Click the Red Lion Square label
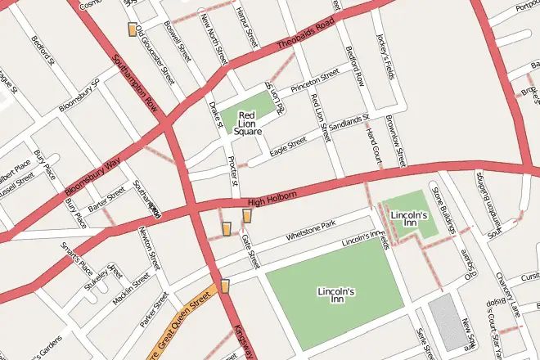(x=248, y=123)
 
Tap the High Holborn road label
(x=271, y=197)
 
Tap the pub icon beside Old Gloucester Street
(x=133, y=29)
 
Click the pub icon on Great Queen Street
(x=225, y=286)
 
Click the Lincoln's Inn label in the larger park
(x=335, y=295)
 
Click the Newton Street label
(x=148, y=246)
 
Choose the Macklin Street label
(x=132, y=290)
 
